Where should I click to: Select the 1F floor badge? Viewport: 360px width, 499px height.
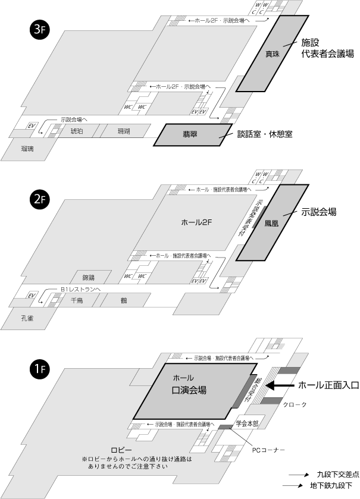(x=37, y=370)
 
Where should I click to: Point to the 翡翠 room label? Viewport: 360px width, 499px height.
(x=190, y=135)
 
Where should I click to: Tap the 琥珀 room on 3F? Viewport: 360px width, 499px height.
(x=77, y=131)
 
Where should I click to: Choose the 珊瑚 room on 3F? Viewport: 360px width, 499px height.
(x=124, y=131)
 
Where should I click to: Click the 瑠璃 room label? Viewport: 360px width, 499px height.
(x=27, y=149)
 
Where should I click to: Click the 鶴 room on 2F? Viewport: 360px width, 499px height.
(x=124, y=301)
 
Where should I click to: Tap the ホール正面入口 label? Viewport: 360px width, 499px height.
(x=328, y=385)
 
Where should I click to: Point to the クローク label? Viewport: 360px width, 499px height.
(x=296, y=404)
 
